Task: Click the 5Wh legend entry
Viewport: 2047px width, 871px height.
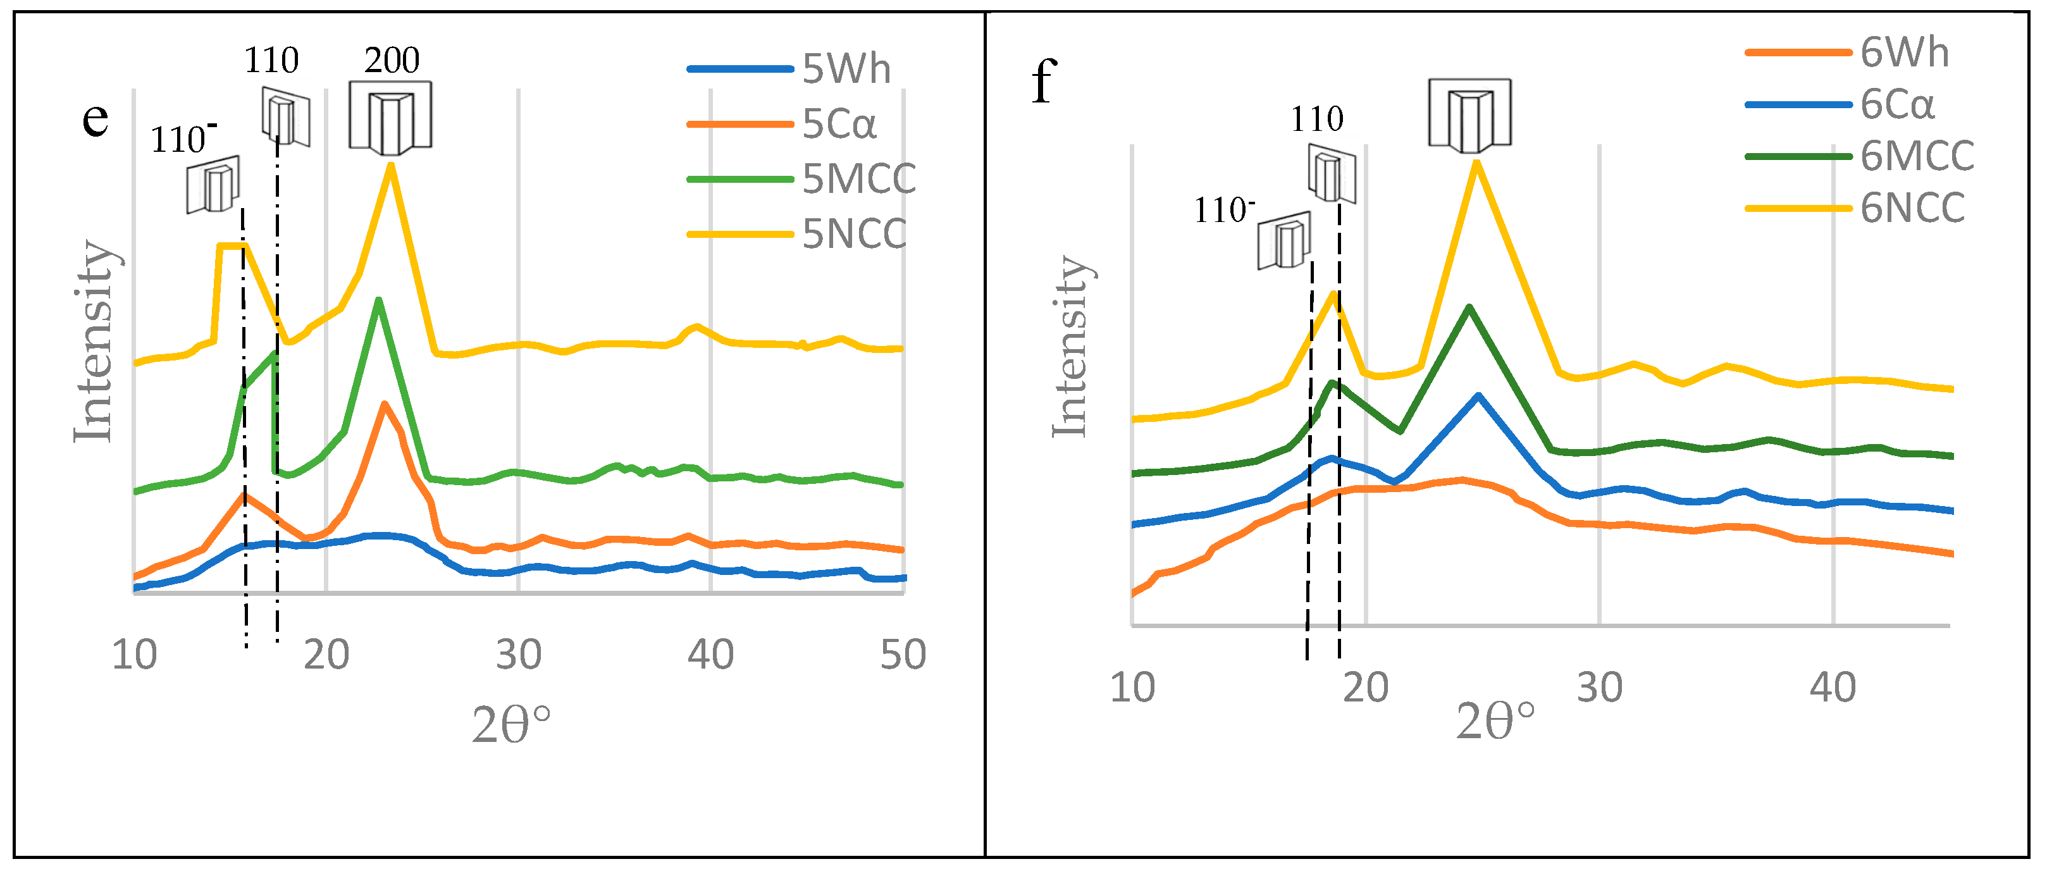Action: (846, 69)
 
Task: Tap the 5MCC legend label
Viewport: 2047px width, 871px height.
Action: (858, 179)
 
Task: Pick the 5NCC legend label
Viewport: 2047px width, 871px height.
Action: (854, 233)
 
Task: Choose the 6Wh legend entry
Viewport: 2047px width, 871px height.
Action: (1904, 53)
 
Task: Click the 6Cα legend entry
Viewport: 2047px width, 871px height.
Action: (1897, 105)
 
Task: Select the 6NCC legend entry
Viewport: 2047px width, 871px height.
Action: (1912, 208)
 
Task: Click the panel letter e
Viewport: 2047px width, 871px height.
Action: (96, 119)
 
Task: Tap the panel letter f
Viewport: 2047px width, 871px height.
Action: (1043, 82)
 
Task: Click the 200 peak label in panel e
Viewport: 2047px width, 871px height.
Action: (392, 60)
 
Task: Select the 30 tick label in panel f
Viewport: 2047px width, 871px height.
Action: (1599, 688)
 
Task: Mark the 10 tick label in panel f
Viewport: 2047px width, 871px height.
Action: (1132, 688)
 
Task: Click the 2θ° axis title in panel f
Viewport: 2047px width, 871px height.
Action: (1495, 722)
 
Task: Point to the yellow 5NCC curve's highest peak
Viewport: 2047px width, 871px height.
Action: (390, 164)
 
